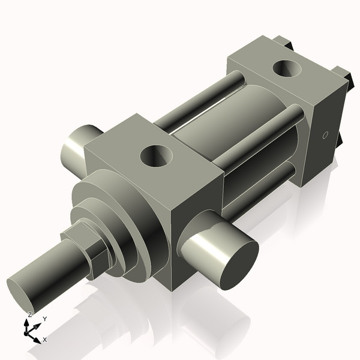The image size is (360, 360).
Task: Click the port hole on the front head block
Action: point(156,157)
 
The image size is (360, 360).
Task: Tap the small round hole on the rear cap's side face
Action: point(325,134)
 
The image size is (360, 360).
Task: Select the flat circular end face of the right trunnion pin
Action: point(236,264)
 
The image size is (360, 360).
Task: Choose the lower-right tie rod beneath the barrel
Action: point(264,180)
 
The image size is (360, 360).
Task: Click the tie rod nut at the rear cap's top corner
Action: point(284,44)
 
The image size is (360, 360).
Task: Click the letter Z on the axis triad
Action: point(30,314)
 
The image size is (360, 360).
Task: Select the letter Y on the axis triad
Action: point(44,319)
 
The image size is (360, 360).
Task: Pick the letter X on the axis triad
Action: point(45,340)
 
